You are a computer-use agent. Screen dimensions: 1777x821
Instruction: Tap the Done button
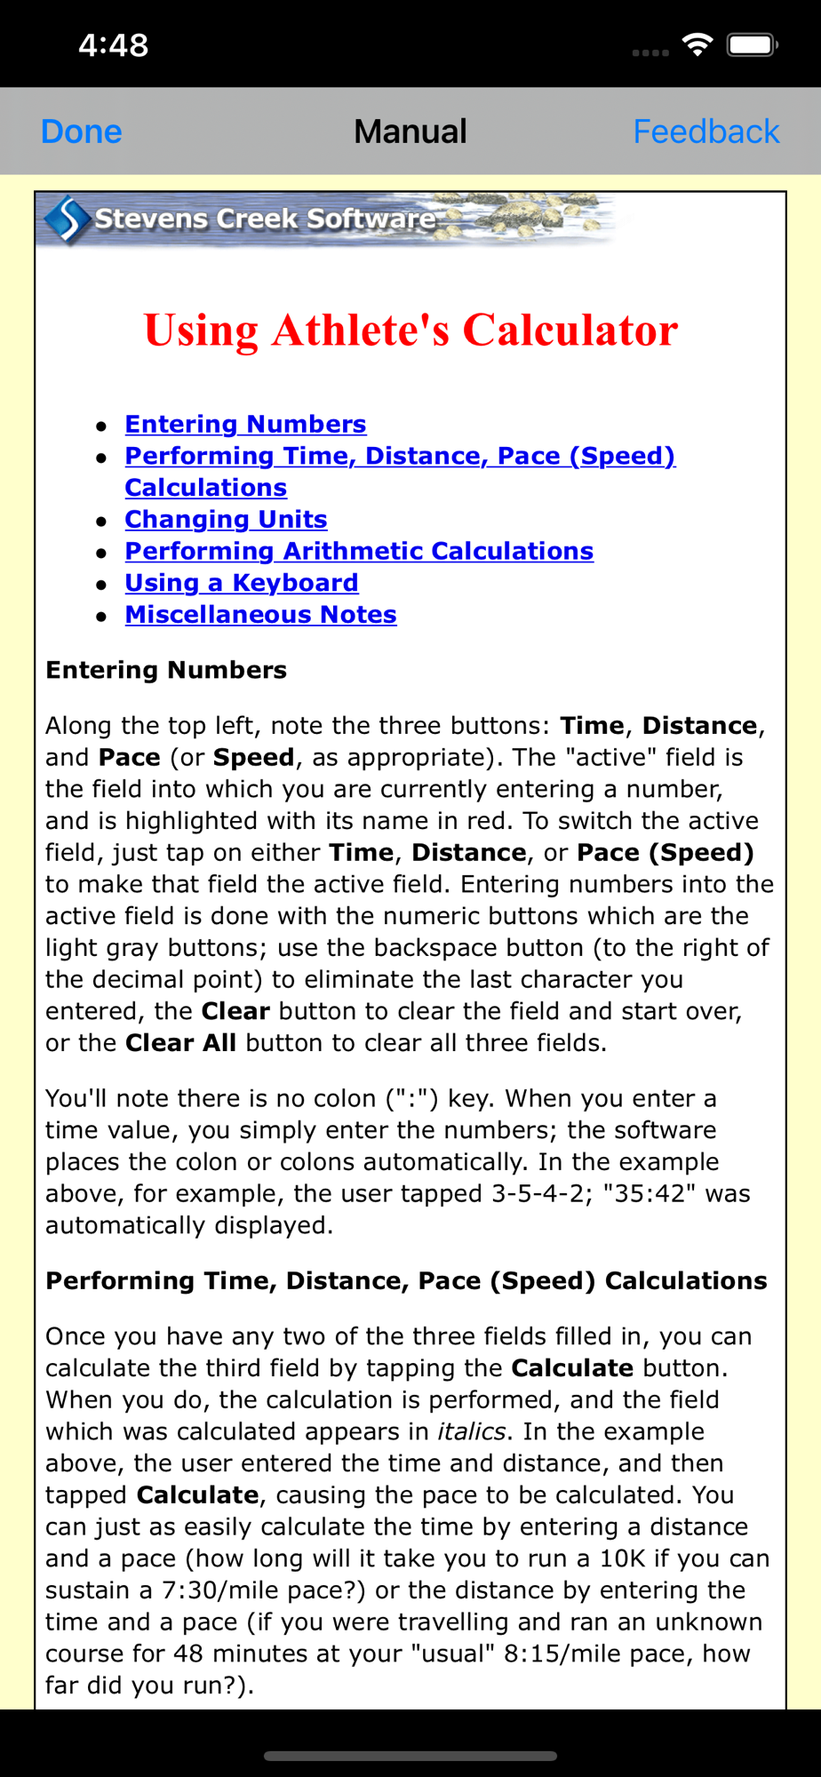pyautogui.click(x=82, y=131)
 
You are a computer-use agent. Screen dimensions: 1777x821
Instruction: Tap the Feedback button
pyautogui.click(x=705, y=131)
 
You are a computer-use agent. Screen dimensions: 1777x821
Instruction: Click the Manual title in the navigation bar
pyautogui.click(x=410, y=131)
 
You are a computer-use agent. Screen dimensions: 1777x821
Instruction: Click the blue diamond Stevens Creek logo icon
pyautogui.click(x=67, y=219)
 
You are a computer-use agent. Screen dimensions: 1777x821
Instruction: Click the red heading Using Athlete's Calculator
pyautogui.click(x=410, y=331)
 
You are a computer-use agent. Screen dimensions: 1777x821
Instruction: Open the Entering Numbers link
pyautogui.click(x=245, y=425)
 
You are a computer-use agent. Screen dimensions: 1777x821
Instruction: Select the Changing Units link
pyautogui.click(x=226, y=520)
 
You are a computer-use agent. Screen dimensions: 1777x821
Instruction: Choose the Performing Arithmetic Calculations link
pyautogui.click(x=359, y=552)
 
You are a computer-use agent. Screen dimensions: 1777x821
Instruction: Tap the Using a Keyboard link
pyautogui.click(x=242, y=584)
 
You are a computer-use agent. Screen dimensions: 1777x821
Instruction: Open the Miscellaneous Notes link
pyautogui.click(x=260, y=615)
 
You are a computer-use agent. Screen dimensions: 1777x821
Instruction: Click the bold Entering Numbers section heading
pyautogui.click(x=166, y=670)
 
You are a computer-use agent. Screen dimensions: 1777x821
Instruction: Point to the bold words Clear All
pyautogui.click(x=180, y=1043)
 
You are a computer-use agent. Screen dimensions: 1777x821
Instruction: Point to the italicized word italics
pyautogui.click(x=471, y=1432)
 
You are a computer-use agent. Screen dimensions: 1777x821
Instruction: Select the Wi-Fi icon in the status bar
pyautogui.click(x=697, y=44)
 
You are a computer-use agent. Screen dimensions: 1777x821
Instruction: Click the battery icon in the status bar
pyautogui.click(x=752, y=44)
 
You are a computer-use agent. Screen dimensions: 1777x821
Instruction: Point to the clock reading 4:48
pyautogui.click(x=113, y=45)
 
